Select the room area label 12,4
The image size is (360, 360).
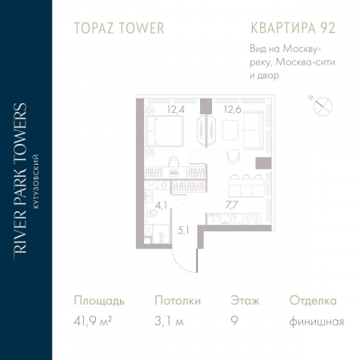click(x=175, y=110)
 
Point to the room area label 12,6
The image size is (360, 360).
click(x=233, y=110)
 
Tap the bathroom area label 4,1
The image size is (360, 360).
click(x=162, y=206)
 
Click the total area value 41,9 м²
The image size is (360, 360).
click(x=93, y=322)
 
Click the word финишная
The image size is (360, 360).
click(x=318, y=322)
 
